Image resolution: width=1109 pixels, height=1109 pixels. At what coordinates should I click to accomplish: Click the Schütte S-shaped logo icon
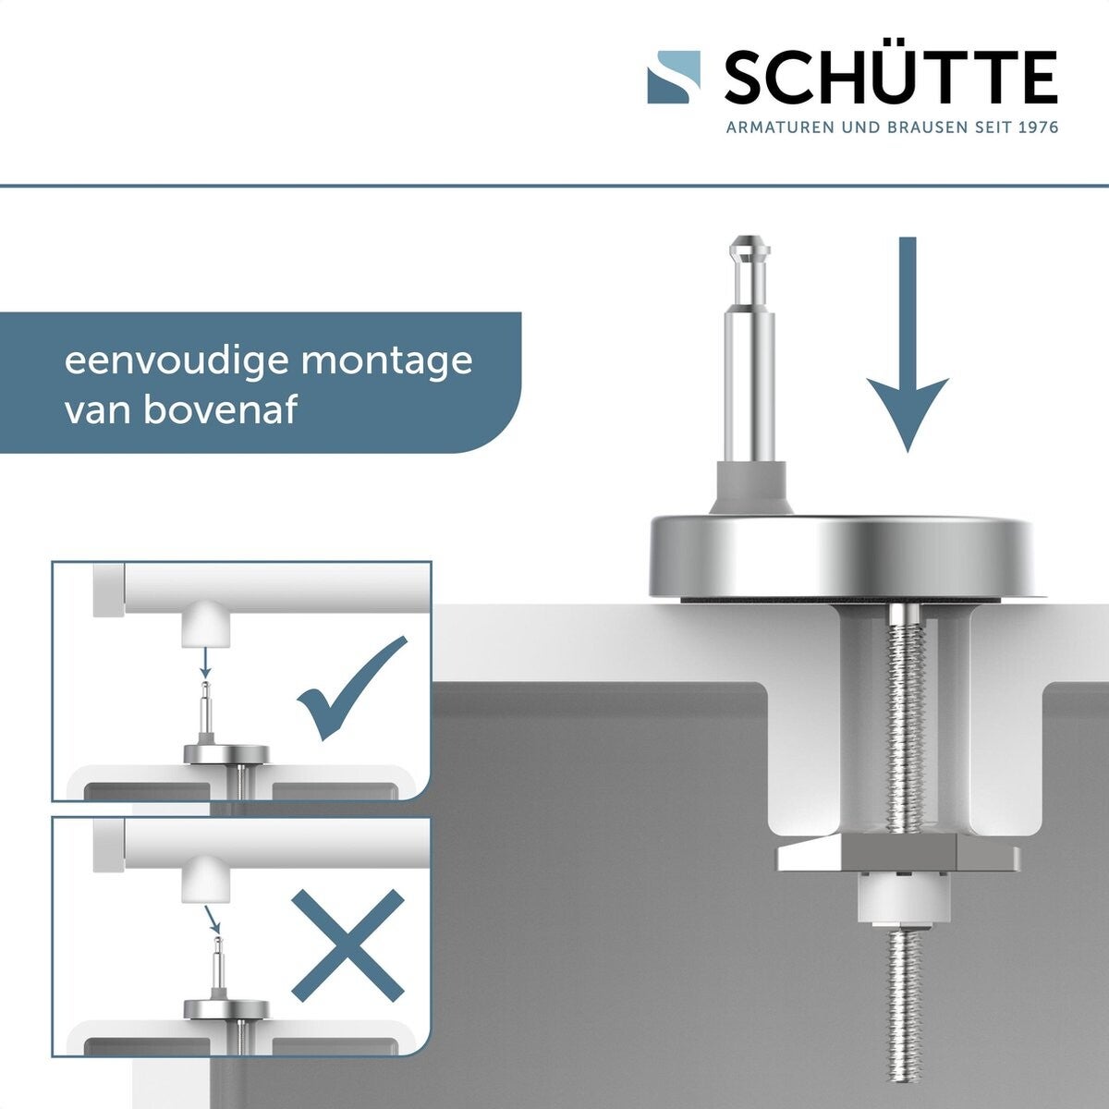point(674,77)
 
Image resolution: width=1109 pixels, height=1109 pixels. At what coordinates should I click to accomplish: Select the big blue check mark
point(351,689)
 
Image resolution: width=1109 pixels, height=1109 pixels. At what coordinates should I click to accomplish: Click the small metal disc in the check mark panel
point(226,754)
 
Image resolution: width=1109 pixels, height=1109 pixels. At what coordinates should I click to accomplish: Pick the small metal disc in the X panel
point(226,1009)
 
